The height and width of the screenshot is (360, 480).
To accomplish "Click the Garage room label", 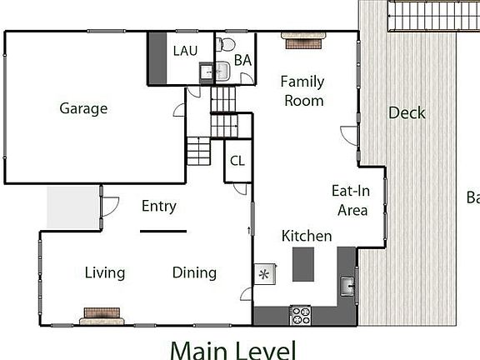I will tap(83, 108).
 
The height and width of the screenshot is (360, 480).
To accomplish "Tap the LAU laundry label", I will tap(185, 51).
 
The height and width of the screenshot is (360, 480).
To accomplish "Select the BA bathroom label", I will tap(242, 60).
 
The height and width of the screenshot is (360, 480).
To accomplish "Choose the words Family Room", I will tap(302, 91).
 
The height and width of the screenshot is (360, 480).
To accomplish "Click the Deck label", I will tap(407, 112).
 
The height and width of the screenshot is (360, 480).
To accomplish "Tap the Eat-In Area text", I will tap(351, 200).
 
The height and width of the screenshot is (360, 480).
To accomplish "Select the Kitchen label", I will tap(306, 236).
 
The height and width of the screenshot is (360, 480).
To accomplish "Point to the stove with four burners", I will tap(300, 316).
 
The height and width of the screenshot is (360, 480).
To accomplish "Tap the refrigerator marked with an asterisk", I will tap(265, 273).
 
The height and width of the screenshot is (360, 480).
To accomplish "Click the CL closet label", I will tap(237, 161).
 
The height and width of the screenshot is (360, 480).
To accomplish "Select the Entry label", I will tap(158, 206).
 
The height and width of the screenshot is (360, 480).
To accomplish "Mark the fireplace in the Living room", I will tap(102, 316).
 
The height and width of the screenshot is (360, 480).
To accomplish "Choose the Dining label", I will tap(194, 272).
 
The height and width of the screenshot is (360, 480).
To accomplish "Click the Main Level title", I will tap(232, 348).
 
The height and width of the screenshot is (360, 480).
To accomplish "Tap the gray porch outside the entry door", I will tap(72, 205).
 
